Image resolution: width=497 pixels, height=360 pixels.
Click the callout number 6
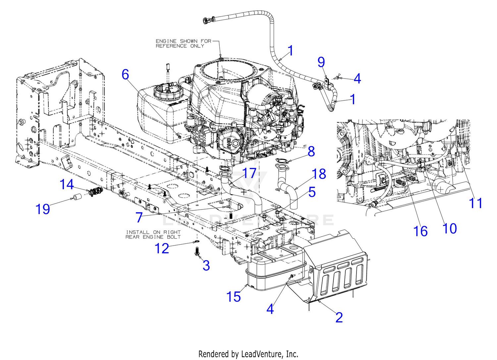point(125,75)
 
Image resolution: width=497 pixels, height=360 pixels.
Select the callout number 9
point(321,62)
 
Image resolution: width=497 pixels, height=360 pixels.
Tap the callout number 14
point(67,184)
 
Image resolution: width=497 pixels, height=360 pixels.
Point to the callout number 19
point(43,209)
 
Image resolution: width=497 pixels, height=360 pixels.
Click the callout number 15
point(233,297)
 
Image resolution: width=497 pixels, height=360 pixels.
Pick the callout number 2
point(339,317)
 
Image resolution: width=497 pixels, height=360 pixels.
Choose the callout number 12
point(162,248)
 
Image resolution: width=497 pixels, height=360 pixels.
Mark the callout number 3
point(206,265)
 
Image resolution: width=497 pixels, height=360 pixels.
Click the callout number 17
point(249,173)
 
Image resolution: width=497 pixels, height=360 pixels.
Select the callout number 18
point(319,174)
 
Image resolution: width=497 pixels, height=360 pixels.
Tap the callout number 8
point(311,152)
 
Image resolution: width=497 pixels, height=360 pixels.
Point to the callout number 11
point(476,203)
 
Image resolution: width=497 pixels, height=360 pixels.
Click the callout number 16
point(420,231)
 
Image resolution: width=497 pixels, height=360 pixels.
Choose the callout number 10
point(450,228)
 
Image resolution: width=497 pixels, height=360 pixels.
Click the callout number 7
point(139,217)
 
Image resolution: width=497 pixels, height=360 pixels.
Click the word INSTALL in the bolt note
point(138,232)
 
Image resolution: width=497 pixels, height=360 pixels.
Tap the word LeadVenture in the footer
point(263,354)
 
